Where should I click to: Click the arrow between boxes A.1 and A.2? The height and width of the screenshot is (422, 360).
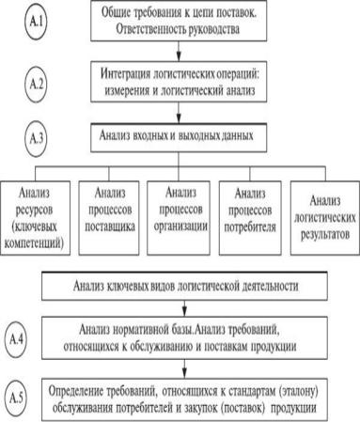(x=179, y=51)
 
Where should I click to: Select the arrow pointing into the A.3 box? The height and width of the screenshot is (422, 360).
(x=179, y=113)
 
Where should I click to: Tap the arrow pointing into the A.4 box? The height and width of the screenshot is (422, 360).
(x=184, y=308)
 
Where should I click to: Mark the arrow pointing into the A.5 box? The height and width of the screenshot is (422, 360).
(x=184, y=368)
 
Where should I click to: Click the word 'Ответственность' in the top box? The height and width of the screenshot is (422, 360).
(x=151, y=29)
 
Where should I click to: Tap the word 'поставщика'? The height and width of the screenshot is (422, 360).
(x=110, y=227)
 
